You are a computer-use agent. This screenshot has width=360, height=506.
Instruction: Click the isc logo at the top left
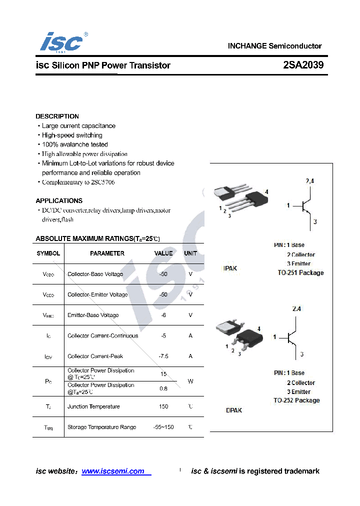[x=62, y=42]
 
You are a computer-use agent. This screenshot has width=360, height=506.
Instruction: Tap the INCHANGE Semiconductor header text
[x=274, y=46]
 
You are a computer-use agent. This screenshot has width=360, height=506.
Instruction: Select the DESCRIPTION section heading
[x=57, y=116]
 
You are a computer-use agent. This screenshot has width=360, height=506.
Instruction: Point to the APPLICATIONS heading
[x=59, y=200]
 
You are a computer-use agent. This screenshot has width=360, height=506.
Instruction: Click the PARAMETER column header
[x=107, y=253]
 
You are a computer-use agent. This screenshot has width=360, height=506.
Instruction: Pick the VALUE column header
[x=163, y=253]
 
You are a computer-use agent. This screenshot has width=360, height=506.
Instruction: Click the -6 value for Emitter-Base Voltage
[x=163, y=315]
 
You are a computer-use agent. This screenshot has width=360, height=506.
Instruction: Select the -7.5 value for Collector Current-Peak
[x=163, y=356]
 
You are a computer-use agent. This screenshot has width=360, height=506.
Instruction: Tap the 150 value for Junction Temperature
[x=163, y=406]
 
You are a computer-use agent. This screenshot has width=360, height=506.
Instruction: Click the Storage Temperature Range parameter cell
[x=101, y=427]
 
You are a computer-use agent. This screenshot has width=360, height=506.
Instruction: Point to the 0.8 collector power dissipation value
[x=163, y=388]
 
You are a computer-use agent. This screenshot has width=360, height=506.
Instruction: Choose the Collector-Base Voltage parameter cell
[x=95, y=274]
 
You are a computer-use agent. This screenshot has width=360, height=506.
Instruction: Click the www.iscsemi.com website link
[x=113, y=471]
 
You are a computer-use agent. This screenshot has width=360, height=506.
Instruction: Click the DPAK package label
[x=233, y=410]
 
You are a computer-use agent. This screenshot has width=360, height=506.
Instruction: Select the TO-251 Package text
[x=300, y=273]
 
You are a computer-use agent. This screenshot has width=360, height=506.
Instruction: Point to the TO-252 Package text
[x=296, y=400]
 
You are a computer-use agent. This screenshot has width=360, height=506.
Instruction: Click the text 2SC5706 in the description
[x=102, y=182]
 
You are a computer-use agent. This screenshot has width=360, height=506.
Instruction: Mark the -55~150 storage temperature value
[x=163, y=427]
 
